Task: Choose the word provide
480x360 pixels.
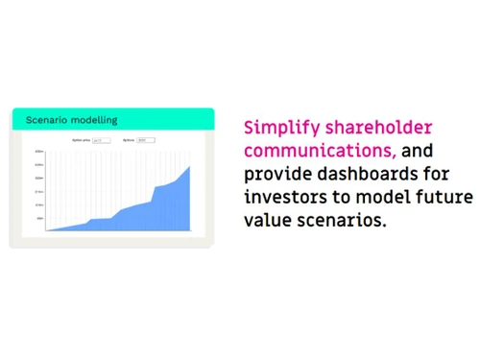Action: point(273,175)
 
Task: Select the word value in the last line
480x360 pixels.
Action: point(265,221)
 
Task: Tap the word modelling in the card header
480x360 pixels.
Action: point(97,120)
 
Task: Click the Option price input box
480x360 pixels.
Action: point(101,140)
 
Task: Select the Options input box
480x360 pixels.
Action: point(145,140)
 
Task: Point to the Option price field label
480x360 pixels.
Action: point(81,140)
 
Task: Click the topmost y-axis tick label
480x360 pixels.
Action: point(39,152)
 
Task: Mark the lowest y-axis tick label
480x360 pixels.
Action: point(40,219)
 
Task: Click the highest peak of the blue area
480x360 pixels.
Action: point(189,166)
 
